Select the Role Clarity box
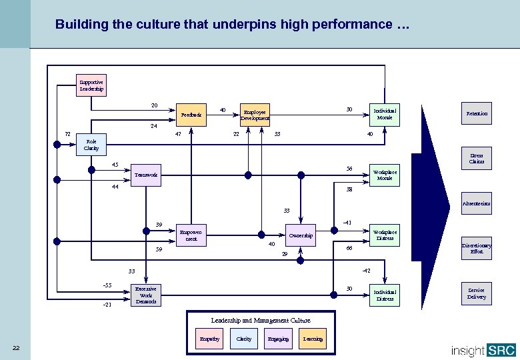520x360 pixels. (91, 145)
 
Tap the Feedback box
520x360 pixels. (191, 115)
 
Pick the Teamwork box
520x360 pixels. (146, 175)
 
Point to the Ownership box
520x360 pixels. (301, 235)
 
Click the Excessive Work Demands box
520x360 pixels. (146, 295)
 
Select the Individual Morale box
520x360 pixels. (385, 114)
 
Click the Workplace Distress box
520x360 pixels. (385, 235)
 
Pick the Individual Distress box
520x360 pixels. (385, 295)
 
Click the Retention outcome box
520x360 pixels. (476, 114)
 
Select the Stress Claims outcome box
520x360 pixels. (476, 159)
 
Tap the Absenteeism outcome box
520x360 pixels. (476, 203)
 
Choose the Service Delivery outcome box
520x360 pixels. (476, 294)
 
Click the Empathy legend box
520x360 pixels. (209, 339)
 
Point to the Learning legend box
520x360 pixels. (313, 339)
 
